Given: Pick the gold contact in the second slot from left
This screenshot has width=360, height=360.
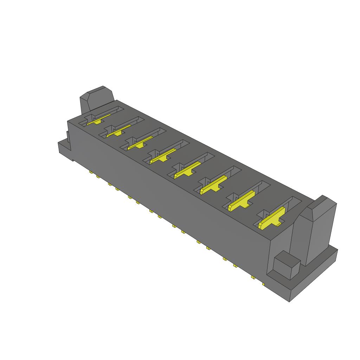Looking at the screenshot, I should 118,131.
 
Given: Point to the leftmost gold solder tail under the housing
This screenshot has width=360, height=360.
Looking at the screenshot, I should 91,172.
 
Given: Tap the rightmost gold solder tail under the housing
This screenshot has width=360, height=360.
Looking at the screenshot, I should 263,283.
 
